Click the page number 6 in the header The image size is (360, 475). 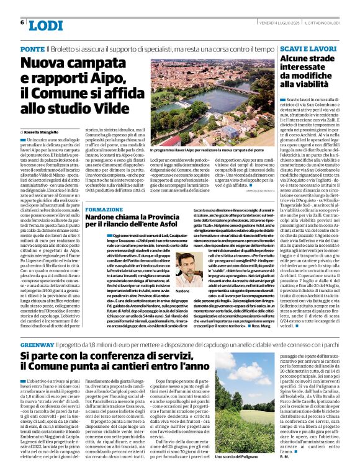point(22,23)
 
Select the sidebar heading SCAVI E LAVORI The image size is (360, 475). point(308,48)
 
